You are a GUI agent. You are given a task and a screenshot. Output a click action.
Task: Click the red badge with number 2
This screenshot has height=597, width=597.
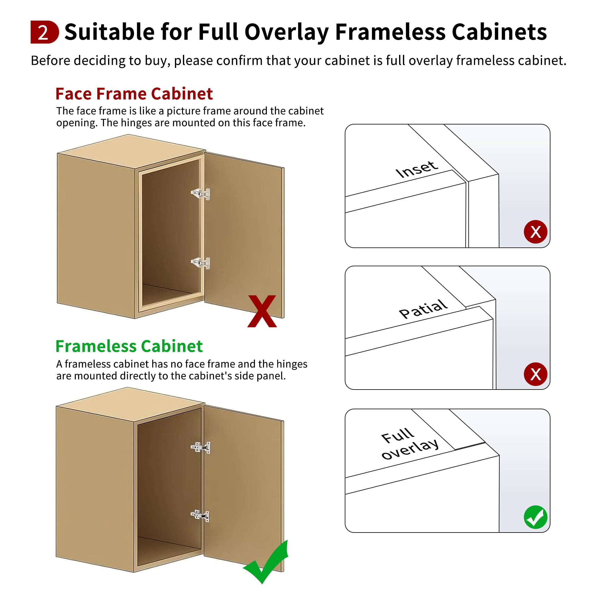[x=44, y=32]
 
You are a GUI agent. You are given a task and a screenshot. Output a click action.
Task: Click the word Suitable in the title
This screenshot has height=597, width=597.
[x=109, y=32]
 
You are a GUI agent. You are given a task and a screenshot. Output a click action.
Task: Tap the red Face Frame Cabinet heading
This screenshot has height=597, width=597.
[x=134, y=94]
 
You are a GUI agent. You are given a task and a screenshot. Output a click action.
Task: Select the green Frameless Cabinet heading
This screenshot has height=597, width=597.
[x=129, y=346]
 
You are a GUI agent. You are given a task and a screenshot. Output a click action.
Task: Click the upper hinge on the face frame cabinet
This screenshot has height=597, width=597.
[x=201, y=194]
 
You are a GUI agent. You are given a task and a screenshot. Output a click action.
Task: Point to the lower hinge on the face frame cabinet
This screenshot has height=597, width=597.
[x=201, y=263]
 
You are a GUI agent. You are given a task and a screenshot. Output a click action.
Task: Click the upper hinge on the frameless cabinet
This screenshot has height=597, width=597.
[x=201, y=447]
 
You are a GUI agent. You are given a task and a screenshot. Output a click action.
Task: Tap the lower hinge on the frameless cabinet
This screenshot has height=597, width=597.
[x=200, y=516]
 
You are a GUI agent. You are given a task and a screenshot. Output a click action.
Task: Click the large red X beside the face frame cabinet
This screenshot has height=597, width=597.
[x=262, y=311]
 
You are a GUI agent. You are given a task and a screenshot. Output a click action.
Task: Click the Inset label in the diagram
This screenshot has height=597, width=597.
[x=416, y=169]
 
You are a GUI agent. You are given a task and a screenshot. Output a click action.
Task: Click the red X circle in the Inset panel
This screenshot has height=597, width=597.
[x=536, y=232]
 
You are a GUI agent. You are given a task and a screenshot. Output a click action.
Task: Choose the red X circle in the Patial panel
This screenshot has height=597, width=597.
[x=536, y=374]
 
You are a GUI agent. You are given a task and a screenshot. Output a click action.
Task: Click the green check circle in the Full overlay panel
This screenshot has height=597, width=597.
[x=536, y=517]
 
